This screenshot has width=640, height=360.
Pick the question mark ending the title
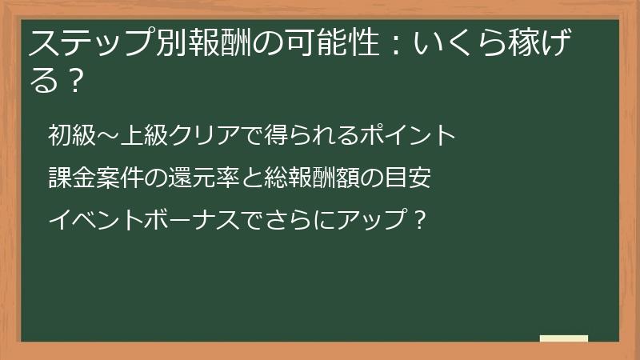tap(75, 80)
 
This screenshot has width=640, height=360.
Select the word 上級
tap(144, 135)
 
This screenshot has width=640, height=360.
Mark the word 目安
tap(409, 177)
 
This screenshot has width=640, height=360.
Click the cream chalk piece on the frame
tap(564, 338)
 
